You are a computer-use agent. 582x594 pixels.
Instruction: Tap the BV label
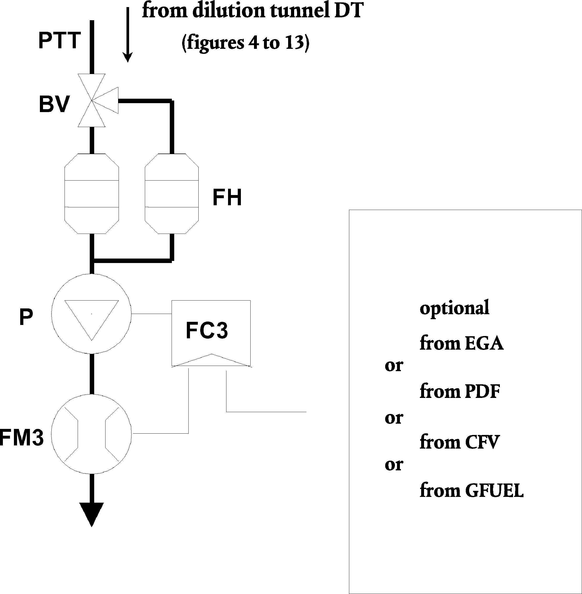click(x=54, y=104)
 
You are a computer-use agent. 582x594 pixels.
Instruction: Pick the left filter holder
click(x=92, y=194)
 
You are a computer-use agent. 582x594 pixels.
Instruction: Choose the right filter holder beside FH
click(x=172, y=194)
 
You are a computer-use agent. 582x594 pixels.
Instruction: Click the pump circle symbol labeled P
click(x=92, y=314)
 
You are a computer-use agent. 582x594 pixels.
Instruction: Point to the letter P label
click(x=26, y=318)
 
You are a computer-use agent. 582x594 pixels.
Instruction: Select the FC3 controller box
click(x=211, y=333)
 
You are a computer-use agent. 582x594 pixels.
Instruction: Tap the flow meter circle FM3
click(x=92, y=434)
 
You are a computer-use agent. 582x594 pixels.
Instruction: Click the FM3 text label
click(x=22, y=438)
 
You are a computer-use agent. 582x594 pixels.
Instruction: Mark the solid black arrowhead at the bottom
click(x=92, y=514)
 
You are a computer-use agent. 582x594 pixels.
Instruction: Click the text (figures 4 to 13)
click(x=245, y=43)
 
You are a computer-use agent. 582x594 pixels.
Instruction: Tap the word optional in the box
click(x=454, y=308)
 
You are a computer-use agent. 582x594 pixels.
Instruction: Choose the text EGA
click(x=484, y=343)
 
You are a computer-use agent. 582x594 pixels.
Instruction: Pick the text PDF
click(x=482, y=391)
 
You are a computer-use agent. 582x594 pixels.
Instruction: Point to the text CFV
click(x=482, y=442)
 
